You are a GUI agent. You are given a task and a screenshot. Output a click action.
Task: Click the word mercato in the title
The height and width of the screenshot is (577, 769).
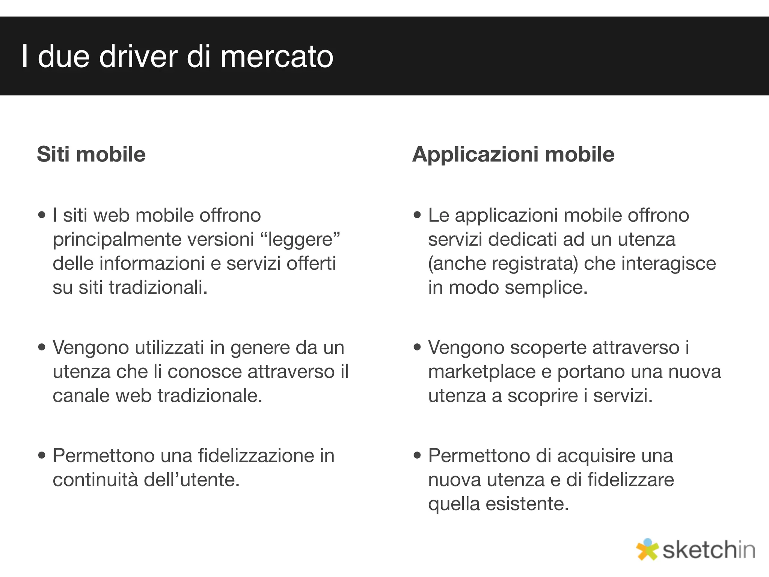point(277,57)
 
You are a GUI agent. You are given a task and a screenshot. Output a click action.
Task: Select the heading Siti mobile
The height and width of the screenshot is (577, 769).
point(91,154)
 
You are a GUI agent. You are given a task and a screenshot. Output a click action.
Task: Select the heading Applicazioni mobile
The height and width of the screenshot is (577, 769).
point(513,154)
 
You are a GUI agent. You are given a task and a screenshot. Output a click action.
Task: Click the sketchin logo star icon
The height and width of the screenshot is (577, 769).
point(647,549)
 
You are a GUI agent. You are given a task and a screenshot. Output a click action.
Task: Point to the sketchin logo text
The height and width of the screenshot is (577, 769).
point(708,550)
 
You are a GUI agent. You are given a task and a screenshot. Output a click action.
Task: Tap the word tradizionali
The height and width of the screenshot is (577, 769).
point(158,287)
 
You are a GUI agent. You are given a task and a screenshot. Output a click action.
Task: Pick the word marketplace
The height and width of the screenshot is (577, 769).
point(482,372)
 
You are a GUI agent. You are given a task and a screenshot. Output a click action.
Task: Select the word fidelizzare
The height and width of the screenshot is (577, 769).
point(630,480)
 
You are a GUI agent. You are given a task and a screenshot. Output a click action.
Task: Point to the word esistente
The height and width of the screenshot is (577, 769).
point(527,504)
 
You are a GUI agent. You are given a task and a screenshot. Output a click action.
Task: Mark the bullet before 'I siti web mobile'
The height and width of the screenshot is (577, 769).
point(42,215)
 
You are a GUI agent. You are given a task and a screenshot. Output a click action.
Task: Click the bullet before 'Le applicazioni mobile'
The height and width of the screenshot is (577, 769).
point(417,215)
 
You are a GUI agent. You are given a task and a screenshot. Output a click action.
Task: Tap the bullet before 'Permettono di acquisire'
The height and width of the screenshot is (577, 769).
point(417,456)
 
